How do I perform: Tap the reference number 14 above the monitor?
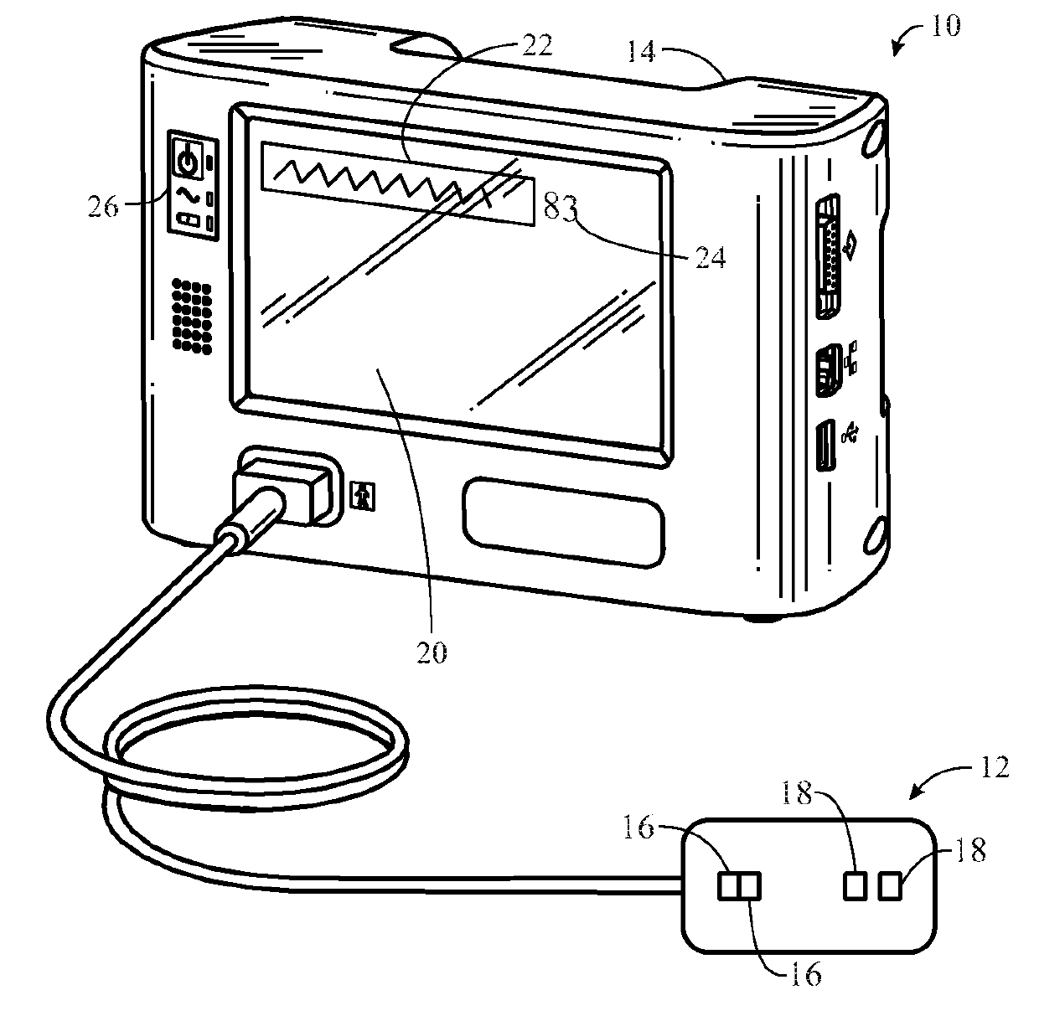point(643,54)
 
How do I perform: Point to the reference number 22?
point(536,46)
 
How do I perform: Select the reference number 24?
point(709,256)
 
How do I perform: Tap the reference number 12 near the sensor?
point(993,767)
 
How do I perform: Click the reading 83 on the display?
point(561,205)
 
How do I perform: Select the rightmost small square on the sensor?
point(890,884)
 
